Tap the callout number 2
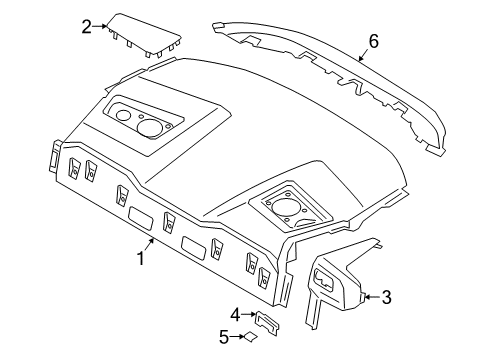(87, 27)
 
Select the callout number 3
(387, 296)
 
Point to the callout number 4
(234, 315)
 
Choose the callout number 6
(374, 41)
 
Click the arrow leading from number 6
(363, 54)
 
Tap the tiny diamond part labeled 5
(252, 338)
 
